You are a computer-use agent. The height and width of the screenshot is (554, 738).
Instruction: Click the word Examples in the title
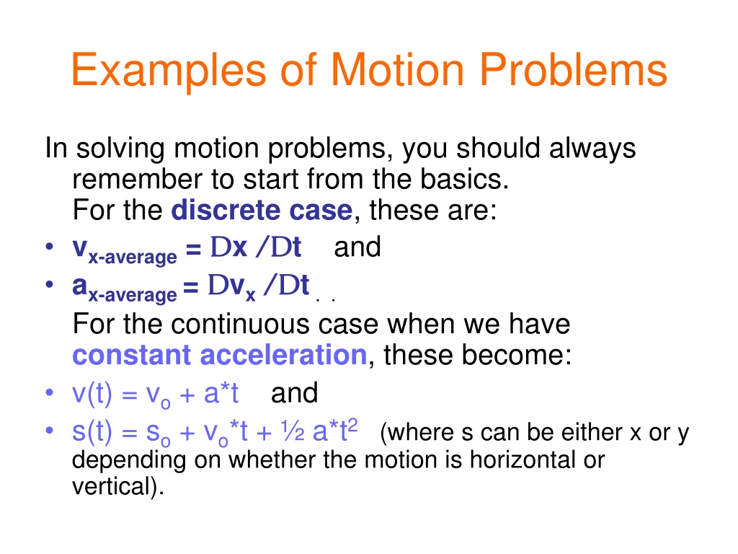click(169, 70)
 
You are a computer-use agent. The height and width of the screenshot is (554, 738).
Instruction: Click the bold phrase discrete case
click(262, 210)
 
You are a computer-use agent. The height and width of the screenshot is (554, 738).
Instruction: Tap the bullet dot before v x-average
click(50, 246)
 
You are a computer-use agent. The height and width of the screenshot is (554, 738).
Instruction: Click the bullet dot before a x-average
click(50, 283)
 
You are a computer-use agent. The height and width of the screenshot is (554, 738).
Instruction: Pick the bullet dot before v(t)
click(50, 392)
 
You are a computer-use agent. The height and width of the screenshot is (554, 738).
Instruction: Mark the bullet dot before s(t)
click(50, 430)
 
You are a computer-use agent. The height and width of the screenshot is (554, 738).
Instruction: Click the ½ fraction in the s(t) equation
click(293, 431)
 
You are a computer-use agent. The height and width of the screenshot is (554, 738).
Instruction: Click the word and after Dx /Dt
click(357, 247)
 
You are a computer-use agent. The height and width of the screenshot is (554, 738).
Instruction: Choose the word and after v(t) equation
click(295, 393)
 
